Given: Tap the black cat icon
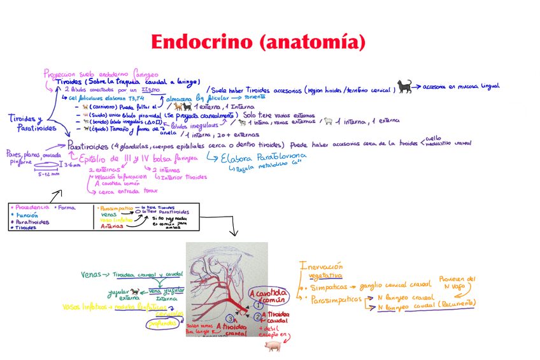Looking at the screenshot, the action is click(404, 86).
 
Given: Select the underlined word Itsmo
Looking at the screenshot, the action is click(150, 90).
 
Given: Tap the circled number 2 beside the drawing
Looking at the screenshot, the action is click(257, 316).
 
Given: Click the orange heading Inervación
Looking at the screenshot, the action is click(320, 266).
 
